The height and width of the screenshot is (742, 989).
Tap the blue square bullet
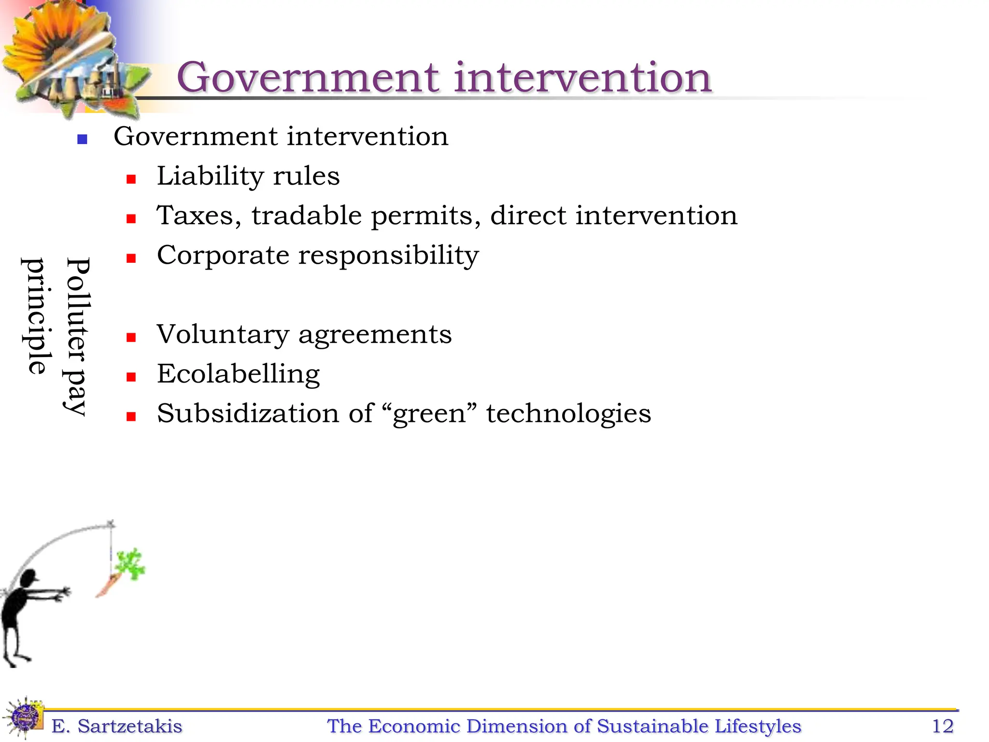(82, 140)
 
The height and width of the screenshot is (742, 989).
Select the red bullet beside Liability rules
(131, 179)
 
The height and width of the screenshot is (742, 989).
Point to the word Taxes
(198, 215)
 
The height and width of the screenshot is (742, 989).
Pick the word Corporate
(223, 256)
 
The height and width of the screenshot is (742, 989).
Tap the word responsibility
(388, 256)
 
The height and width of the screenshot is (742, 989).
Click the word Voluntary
(223, 335)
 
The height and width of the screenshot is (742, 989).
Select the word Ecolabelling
(238, 374)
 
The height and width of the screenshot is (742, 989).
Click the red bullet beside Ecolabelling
(131, 377)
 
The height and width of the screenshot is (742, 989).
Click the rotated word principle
(36, 316)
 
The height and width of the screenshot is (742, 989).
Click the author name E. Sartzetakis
(117, 726)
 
